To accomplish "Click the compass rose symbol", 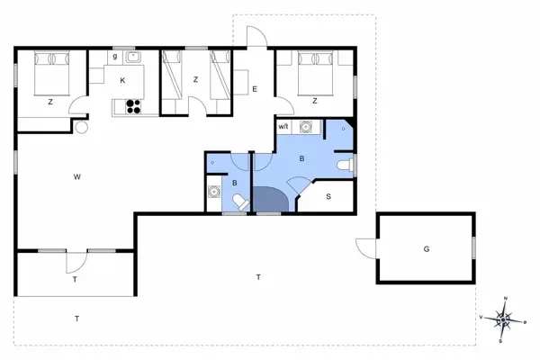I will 505,318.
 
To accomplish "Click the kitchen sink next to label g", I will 135,58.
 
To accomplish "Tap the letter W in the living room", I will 78,176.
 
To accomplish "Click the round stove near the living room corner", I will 81,128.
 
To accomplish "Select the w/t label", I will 283,127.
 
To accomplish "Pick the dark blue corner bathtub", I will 270,200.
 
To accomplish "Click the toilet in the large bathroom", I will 344,166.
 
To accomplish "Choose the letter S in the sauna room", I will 328,196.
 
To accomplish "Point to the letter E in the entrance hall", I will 255,89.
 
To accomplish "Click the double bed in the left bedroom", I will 51,72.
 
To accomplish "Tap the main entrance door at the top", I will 256,38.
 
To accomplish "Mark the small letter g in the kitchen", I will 115,57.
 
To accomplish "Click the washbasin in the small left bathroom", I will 215,191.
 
